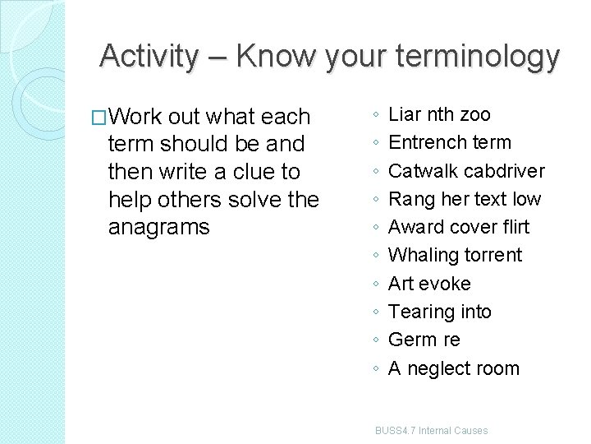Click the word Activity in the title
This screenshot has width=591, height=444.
point(149,57)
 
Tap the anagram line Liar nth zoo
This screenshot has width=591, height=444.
point(439,114)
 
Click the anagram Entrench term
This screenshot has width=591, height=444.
point(449,142)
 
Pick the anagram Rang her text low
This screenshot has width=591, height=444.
point(465,199)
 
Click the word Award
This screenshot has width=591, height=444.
point(415,227)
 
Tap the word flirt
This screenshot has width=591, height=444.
point(511,227)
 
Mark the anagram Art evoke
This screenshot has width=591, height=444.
point(429,284)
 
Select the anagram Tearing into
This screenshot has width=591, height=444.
point(439,312)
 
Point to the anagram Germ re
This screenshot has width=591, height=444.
point(424,340)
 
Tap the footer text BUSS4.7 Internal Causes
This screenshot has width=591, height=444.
point(431,431)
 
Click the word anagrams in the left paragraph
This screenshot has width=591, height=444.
point(159,227)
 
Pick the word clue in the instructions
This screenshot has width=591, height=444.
point(258,172)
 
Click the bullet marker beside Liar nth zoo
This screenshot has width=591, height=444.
point(374,115)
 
